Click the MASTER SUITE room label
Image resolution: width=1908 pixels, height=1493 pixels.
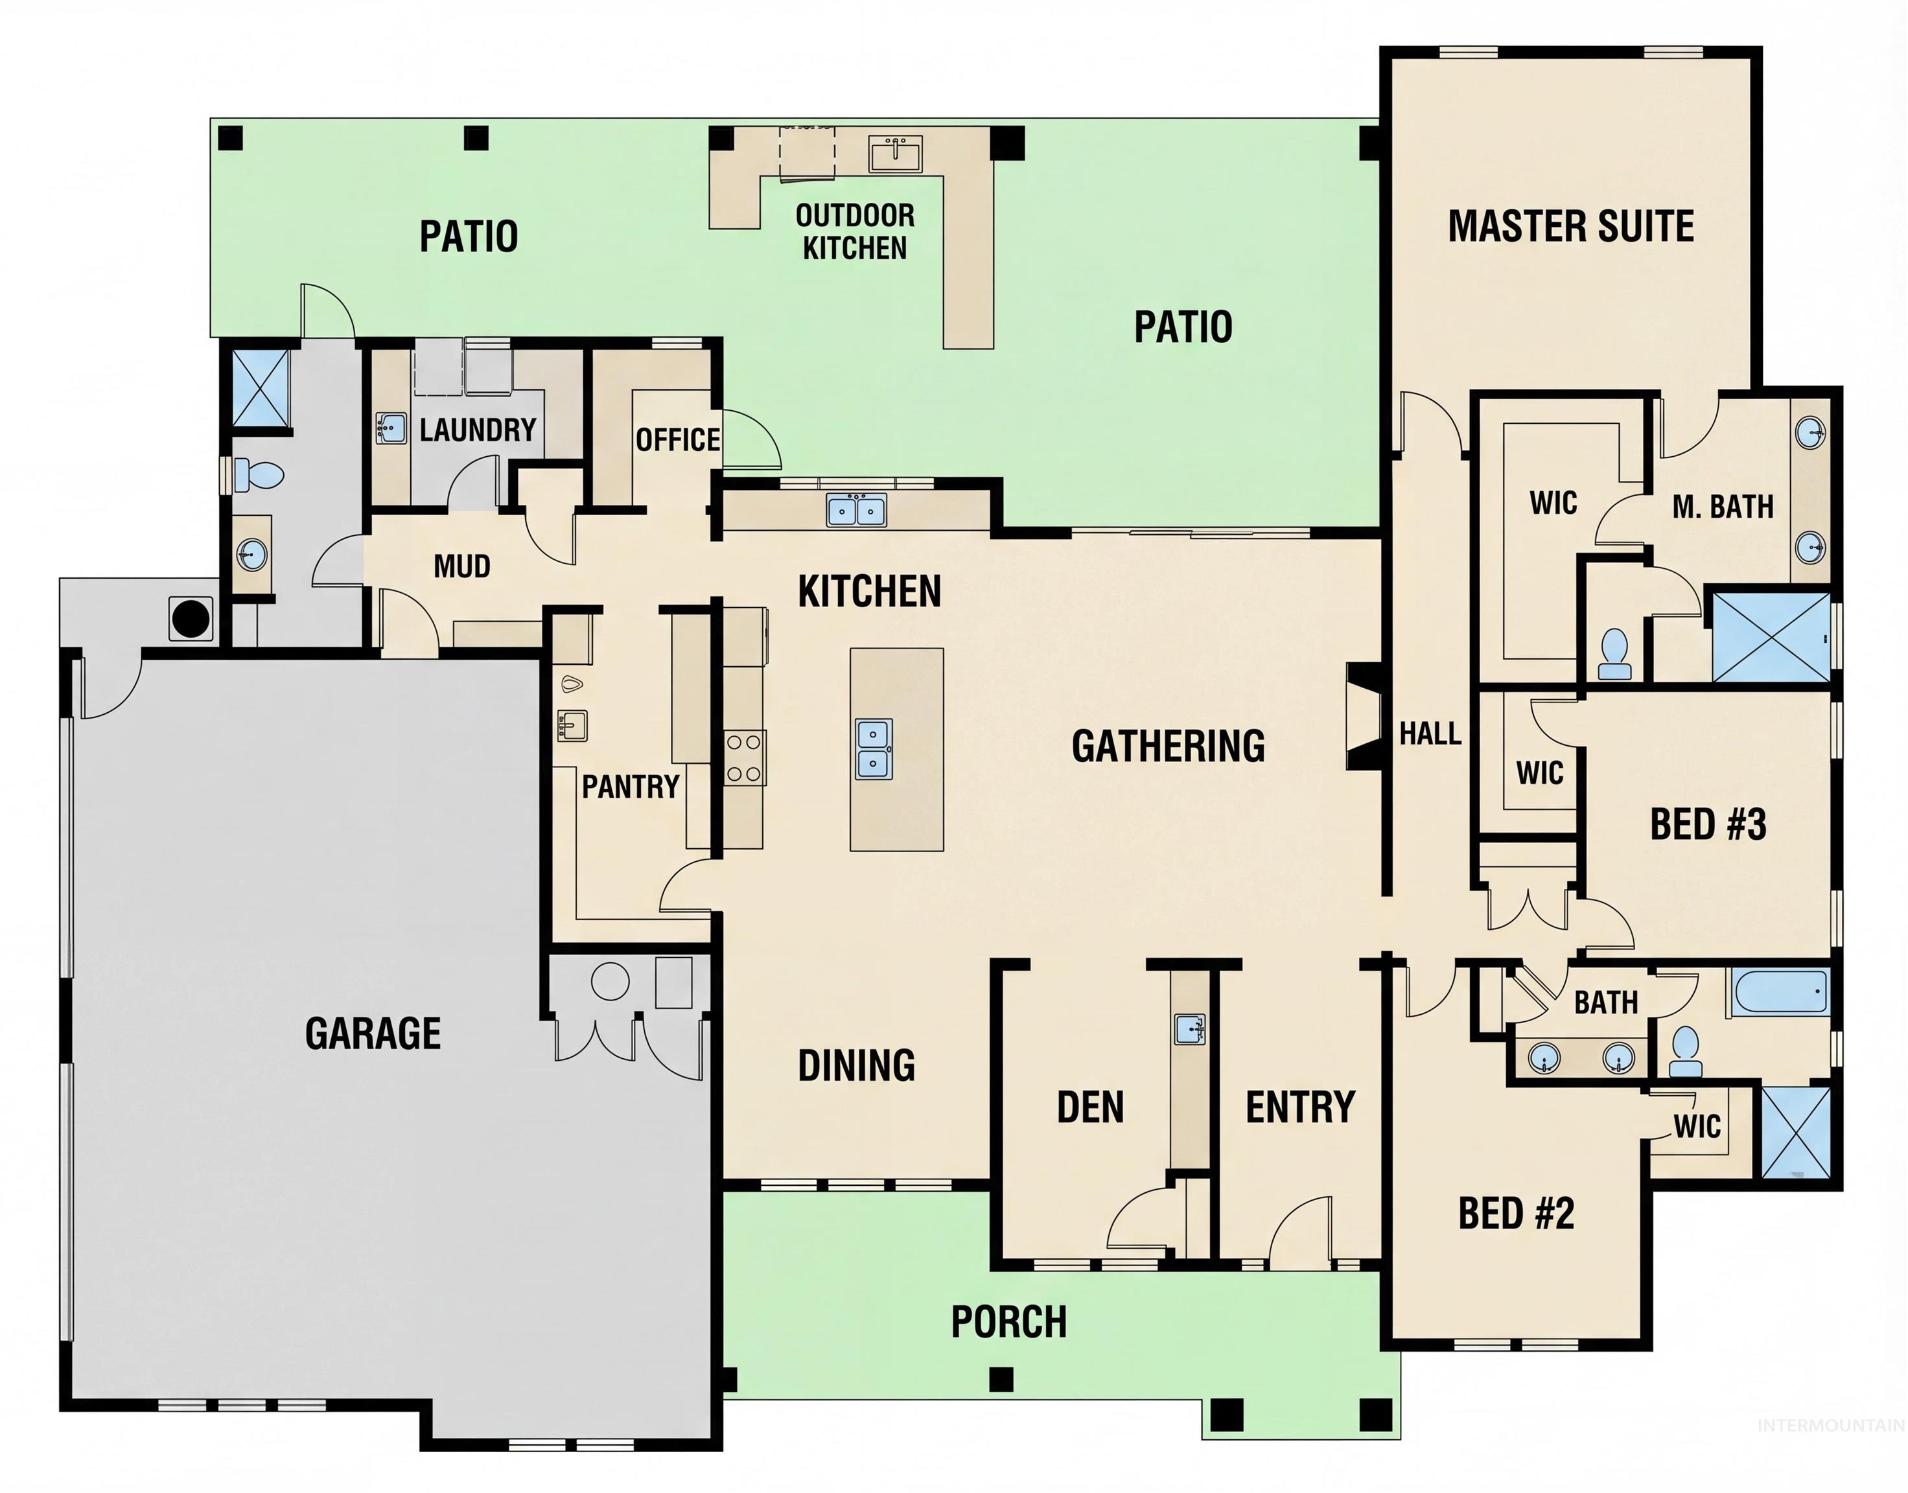pos(1570,226)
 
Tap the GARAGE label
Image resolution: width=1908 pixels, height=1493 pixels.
pos(373,1033)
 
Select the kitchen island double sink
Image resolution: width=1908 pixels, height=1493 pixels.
pos(873,749)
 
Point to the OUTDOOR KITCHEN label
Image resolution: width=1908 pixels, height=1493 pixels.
pos(855,231)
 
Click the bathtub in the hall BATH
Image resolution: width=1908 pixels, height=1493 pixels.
pos(1780,992)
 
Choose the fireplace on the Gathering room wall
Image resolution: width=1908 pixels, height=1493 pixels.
pos(1361,717)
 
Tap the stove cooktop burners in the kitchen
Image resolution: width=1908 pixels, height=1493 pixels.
pos(745,757)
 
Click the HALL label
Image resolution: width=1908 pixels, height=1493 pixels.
pos(1430,734)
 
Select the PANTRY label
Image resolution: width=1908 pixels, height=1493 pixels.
pos(630,787)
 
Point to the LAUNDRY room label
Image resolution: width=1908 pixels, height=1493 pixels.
pos(477,430)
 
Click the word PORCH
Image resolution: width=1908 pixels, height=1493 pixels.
pos(1008,1322)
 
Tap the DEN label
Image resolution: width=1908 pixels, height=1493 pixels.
pos(1090,1107)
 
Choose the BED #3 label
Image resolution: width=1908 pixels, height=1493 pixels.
pos(1708,824)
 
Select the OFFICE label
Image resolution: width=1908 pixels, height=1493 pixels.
pos(677,440)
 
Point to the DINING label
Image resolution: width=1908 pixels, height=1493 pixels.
pos(857,1065)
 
